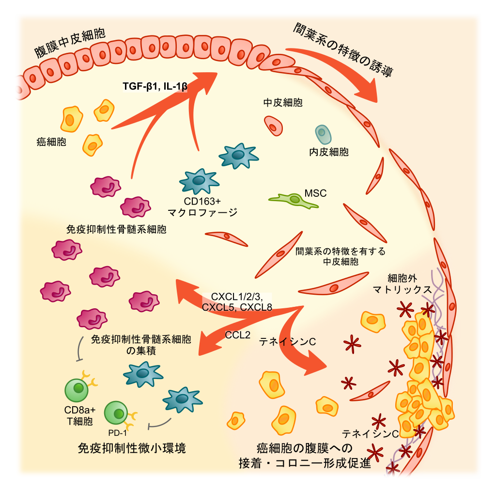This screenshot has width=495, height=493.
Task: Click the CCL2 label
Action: click(x=238, y=335)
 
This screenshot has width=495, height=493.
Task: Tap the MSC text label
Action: click(x=315, y=193)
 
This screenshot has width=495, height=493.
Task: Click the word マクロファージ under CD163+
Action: click(x=202, y=212)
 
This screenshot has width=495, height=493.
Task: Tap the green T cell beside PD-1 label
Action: click(x=116, y=413)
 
